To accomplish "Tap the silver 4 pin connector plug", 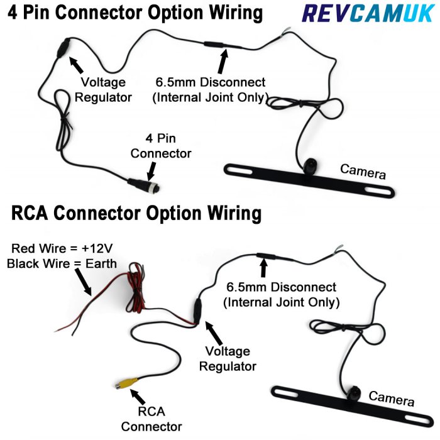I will coord(143,184).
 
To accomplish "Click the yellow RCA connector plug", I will coord(122,382).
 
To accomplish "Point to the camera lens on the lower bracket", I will coord(353,396).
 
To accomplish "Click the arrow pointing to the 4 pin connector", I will coord(151,168).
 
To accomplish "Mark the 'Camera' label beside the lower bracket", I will coord(391,397).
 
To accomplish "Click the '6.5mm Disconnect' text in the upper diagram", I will coord(211,83).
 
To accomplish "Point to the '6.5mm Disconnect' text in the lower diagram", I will coord(282,287).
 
